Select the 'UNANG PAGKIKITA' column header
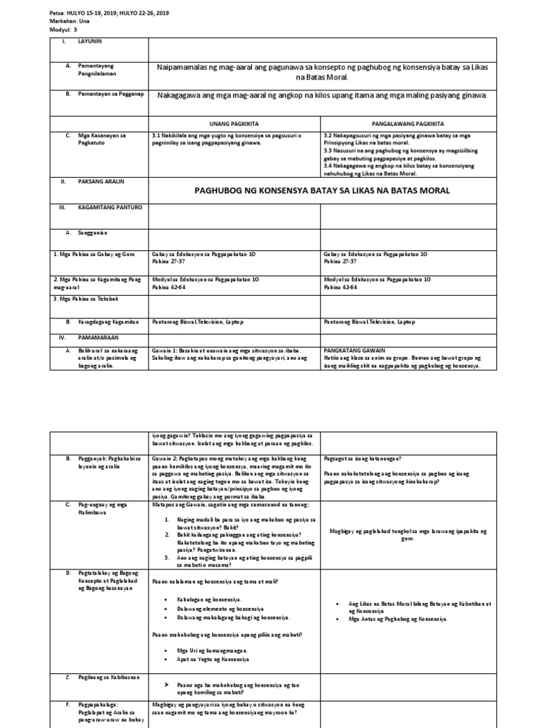(234, 122)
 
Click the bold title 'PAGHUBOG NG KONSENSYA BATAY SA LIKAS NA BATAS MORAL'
(322, 191)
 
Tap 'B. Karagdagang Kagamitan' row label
(106, 322)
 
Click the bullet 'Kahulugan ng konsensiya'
(209, 600)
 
